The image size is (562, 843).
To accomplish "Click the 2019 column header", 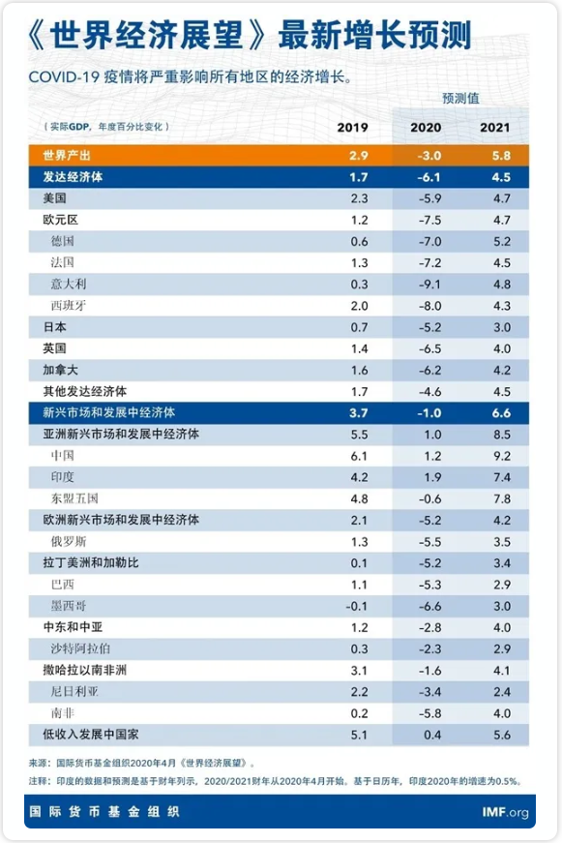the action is coord(352,128).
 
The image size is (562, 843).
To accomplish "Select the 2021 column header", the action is coord(495,128).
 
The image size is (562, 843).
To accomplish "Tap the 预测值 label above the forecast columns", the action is coord(460,98).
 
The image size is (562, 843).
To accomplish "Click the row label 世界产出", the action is coord(67,156).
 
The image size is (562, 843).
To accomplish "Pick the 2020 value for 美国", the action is coord(429,198).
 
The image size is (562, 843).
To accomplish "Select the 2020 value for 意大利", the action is coord(429,285).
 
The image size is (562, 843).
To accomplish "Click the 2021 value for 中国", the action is coord(502,456).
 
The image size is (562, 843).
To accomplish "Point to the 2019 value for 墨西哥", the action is coord(357,607).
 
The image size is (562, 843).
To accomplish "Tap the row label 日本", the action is coord(55,327).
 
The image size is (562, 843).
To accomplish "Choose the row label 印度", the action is coord(62,477).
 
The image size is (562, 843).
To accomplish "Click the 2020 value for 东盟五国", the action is coord(429,498).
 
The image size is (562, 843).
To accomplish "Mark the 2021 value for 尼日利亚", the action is coord(502,692).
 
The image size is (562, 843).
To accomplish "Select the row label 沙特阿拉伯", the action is coord(80,648).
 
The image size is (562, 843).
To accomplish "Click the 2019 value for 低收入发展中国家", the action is coord(359,735).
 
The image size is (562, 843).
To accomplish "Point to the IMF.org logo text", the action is coord(505,812).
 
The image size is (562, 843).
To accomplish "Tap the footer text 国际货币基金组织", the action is coord(104,811).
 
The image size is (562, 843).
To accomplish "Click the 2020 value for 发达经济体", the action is coord(429,177).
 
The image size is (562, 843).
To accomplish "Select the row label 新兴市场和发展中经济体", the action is coord(109,413).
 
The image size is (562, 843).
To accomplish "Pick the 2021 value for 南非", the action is coord(502,713).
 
